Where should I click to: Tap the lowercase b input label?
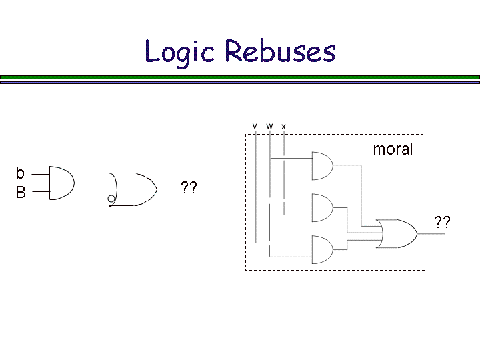20,173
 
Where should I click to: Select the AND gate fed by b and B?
62,183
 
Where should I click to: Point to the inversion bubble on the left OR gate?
111,199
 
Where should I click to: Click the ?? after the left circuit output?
189,189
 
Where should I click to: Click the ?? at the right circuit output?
442,223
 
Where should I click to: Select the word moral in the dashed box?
393,149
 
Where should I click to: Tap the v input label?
255,125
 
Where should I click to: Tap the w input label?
269,125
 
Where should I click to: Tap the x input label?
284,126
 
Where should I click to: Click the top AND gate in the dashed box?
322,165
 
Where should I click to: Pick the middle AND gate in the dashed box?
322,207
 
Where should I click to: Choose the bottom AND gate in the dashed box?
322,249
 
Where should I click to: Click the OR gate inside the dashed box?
397,233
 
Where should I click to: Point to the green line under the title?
240,77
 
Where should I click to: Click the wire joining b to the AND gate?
40,173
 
